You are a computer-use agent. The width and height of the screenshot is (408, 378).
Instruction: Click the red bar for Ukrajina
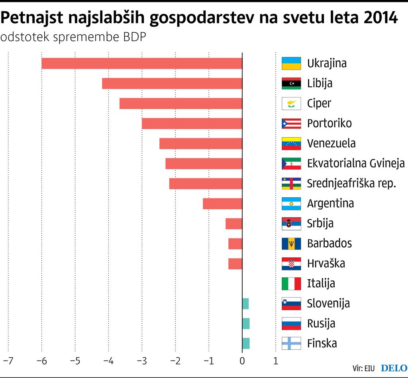pyautogui.click(x=142, y=63)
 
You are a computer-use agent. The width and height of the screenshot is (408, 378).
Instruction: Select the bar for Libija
pyautogui.click(x=172, y=84)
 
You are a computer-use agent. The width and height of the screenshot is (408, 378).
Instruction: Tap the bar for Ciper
pyautogui.click(x=181, y=103)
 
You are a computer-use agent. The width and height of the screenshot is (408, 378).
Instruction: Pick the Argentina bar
pyautogui.click(x=222, y=203)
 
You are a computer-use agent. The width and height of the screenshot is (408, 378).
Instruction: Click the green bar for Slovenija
pyautogui.click(x=245, y=304)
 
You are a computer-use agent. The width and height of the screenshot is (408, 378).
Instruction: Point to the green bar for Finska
pyautogui.click(x=246, y=343)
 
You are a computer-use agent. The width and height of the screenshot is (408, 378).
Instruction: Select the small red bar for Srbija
pyautogui.click(x=234, y=224)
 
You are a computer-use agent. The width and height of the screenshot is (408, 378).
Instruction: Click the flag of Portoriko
pyautogui.click(x=291, y=123)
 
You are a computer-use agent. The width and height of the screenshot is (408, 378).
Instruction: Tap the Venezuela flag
pyautogui.click(x=291, y=143)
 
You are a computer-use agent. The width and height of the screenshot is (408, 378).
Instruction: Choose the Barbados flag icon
pyautogui.click(x=291, y=244)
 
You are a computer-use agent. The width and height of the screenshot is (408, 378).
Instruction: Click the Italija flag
pyautogui.click(x=291, y=284)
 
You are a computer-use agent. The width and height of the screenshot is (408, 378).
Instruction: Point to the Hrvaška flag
pyautogui.click(x=291, y=263)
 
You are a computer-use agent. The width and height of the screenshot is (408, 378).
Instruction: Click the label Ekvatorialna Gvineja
pyautogui.click(x=356, y=164)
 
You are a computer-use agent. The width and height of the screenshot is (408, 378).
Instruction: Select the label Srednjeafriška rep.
pyautogui.click(x=351, y=183)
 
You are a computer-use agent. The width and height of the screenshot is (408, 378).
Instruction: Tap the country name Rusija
pyautogui.click(x=321, y=323)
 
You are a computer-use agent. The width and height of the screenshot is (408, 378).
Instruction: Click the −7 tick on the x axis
pyautogui.click(x=8, y=361)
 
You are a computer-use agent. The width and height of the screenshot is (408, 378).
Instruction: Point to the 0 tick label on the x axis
pyautogui.click(x=242, y=361)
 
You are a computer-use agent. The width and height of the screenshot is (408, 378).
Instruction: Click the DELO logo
pyautogui.click(x=394, y=368)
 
